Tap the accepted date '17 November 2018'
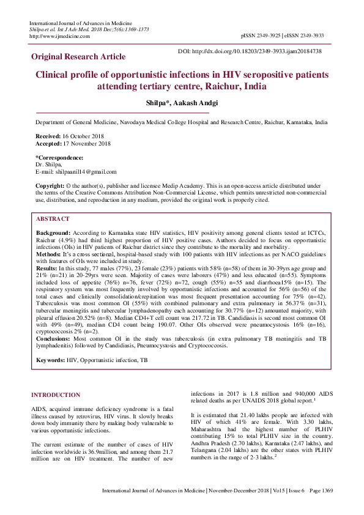coord(86,143)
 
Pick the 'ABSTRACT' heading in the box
coord(53,218)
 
